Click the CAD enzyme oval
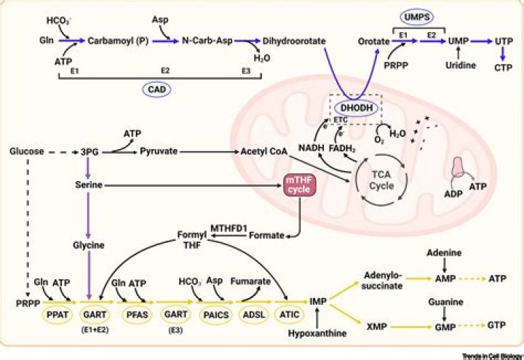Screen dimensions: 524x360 156,89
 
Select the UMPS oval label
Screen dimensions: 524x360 416,17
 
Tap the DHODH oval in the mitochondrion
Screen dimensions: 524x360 356,108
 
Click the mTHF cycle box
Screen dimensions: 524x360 299,185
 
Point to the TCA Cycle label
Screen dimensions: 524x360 381,180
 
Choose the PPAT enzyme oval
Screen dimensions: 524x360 57,315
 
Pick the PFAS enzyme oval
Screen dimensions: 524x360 137,315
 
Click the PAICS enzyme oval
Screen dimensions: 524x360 216,315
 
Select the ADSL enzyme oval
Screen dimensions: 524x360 254,315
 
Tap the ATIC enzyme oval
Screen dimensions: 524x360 290,315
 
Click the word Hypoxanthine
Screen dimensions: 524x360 317,333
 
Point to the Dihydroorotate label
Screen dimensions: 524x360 294,41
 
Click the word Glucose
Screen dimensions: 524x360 27,151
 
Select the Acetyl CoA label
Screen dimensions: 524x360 264,151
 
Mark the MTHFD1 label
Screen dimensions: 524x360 229,228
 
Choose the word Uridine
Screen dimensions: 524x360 461,65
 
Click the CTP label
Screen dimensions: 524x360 504,68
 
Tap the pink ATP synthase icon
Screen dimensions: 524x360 458,167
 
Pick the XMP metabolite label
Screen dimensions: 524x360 377,327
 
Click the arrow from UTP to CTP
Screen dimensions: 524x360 503,54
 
